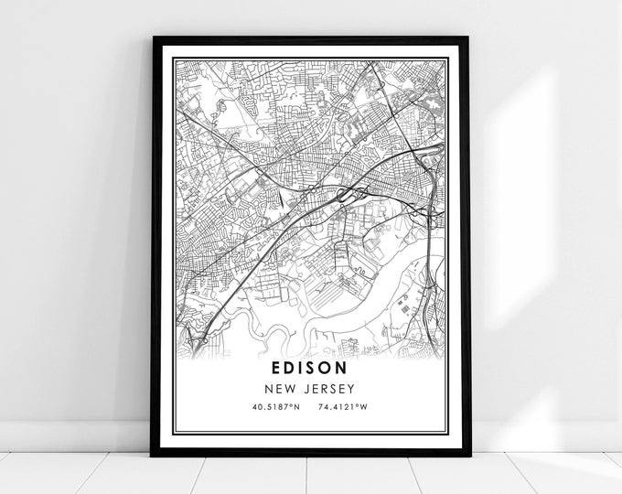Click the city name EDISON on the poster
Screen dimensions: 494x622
[x=309, y=369]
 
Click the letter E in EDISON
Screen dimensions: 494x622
[x=275, y=369]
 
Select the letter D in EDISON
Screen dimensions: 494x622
[x=289, y=369]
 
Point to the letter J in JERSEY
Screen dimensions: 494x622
[x=306, y=388]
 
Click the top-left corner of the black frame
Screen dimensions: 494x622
[x=153, y=38]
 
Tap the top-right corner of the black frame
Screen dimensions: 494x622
[x=466, y=38]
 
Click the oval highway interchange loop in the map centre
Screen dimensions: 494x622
[x=349, y=193]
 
